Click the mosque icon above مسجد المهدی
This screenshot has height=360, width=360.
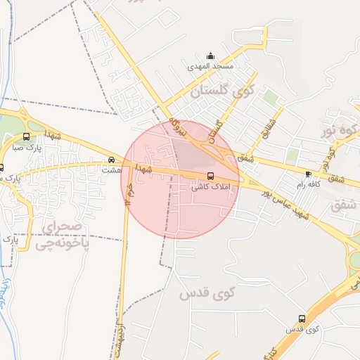(x=210, y=56)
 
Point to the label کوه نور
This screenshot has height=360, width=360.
(x=340, y=131)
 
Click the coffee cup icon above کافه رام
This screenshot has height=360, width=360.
(x=308, y=173)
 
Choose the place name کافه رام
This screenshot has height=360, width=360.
(x=307, y=184)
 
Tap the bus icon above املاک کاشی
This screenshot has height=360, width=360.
(x=210, y=176)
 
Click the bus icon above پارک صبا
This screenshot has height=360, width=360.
(x=27, y=137)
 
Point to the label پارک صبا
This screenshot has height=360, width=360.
(x=29, y=148)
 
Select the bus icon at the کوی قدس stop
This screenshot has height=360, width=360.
(x=302, y=319)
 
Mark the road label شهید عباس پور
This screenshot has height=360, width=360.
(x=285, y=204)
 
